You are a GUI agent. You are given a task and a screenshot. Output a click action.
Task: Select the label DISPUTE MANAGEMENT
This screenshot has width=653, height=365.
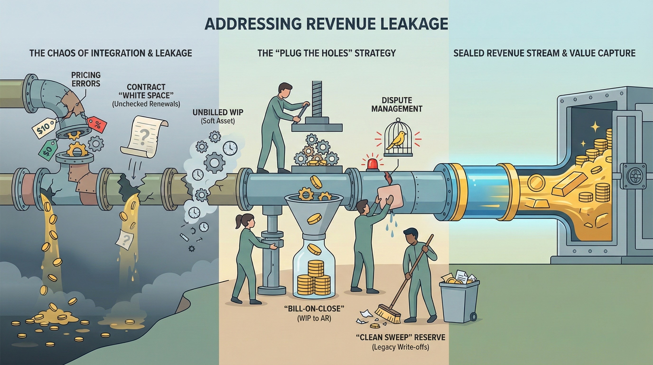tap(397, 104)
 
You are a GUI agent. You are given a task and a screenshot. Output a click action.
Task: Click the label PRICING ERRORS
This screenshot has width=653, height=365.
tap(86, 79)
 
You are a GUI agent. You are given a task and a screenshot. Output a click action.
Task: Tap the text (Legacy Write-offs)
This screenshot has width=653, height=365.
tap(400, 347)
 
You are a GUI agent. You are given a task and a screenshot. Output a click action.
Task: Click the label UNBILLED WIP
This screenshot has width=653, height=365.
tap(218, 112)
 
